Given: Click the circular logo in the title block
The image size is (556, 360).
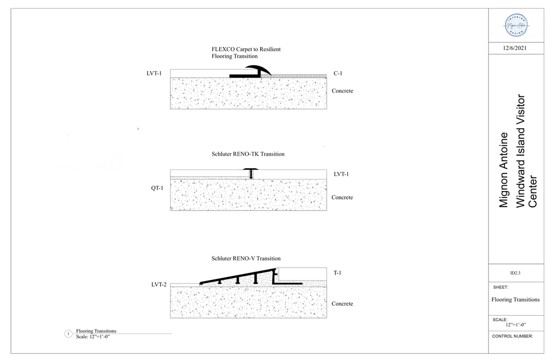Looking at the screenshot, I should [x=516, y=25].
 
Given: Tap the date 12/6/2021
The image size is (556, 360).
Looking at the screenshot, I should [x=515, y=48].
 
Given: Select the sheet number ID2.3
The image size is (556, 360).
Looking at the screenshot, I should [x=515, y=273].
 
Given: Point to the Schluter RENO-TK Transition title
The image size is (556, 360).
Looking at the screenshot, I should [x=248, y=154].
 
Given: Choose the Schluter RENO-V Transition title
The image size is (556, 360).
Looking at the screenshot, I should [x=246, y=259].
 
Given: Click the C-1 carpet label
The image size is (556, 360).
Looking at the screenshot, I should [x=338, y=73].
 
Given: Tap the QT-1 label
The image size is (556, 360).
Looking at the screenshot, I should [x=157, y=188].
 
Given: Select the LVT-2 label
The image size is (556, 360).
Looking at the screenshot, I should [x=159, y=284].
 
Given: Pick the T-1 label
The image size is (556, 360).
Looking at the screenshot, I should [x=338, y=273].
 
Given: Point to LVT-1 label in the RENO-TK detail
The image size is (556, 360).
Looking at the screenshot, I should [x=341, y=174].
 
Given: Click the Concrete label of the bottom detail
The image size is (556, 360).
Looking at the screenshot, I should [x=342, y=304].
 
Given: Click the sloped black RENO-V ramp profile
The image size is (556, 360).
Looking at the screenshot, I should [x=238, y=275].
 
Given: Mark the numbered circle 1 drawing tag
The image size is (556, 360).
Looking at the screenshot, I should [x=68, y=334].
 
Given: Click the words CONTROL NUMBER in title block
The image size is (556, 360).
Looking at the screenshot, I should [x=512, y=336].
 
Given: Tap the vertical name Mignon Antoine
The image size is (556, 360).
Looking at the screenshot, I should [x=503, y=170].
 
